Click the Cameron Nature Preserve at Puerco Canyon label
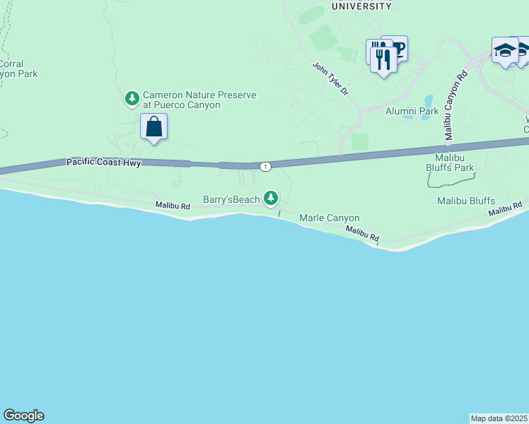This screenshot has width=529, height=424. point(189,100)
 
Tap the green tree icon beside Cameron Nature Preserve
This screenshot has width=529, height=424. point(132,98)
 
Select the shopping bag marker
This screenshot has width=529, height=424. point(153,128)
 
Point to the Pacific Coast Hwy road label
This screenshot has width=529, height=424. point(104,163)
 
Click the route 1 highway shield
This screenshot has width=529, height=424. point(264,166)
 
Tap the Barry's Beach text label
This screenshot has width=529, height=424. point(231,199)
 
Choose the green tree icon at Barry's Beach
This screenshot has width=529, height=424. point(270,199)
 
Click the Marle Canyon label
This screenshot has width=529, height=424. point(330,218)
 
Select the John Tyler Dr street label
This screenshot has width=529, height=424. point(331,78)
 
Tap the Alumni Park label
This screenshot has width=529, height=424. point(412,111)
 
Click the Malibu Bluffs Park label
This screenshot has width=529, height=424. point(449,162)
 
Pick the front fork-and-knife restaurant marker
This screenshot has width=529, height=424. point(383,61)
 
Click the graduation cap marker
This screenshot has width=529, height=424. point(505,51)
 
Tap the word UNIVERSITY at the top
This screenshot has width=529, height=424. point(361,6)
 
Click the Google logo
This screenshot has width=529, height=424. point(23,416)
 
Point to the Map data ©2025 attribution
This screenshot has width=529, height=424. point(499,418)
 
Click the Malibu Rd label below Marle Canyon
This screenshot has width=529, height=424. point(363,235)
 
